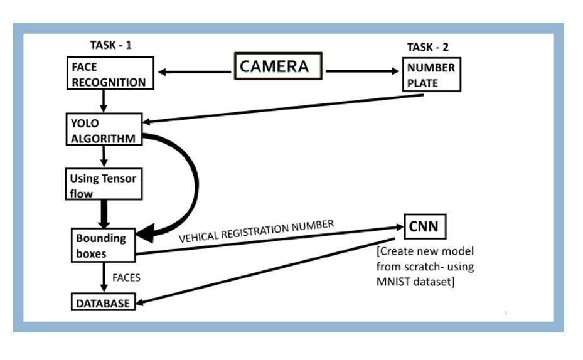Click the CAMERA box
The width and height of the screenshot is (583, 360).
(278, 66)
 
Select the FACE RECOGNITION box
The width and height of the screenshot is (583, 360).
(109, 74)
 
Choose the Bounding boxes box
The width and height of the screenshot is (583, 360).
(102, 245)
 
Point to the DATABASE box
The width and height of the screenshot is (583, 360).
(102, 303)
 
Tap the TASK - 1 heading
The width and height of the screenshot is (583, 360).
(111, 46)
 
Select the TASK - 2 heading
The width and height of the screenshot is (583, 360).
(428, 47)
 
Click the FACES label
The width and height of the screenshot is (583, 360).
(126, 278)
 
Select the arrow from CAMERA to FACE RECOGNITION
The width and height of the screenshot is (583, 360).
(195, 72)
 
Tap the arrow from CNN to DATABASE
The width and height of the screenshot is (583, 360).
(264, 272)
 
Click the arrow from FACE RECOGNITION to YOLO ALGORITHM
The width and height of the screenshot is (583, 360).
(102, 100)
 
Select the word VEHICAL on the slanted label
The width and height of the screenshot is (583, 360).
(200, 237)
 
